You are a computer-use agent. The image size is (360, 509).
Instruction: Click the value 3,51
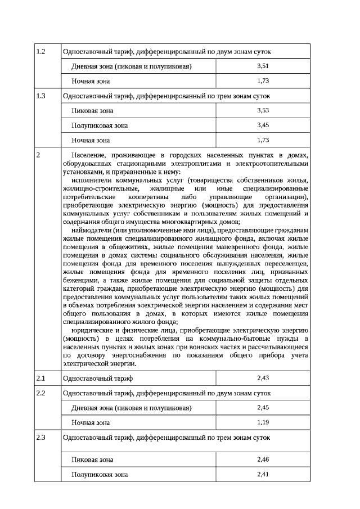pos(263,66)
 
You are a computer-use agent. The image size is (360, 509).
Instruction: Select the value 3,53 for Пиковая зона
pos(263,110)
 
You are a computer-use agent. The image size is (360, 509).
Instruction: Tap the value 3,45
pos(263,125)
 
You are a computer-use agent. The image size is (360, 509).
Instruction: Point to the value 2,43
pos(263,378)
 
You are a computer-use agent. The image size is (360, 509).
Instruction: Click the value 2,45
pos(263,407)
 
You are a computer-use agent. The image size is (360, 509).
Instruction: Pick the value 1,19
pos(263,422)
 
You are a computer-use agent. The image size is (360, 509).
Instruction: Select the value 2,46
pos(263,460)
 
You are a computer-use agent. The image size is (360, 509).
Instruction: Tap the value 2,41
pos(263,475)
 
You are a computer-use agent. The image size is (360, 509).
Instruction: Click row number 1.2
pos(40,52)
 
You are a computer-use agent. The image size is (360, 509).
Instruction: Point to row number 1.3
pos(40,96)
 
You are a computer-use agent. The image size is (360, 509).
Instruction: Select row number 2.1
pos(40,378)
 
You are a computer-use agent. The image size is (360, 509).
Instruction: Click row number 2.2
pos(40,393)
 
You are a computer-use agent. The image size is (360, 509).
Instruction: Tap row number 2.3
pos(40,436)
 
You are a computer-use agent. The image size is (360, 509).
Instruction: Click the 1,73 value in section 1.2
pos(263,81)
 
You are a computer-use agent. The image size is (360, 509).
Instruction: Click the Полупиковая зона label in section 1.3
pos(100,125)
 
